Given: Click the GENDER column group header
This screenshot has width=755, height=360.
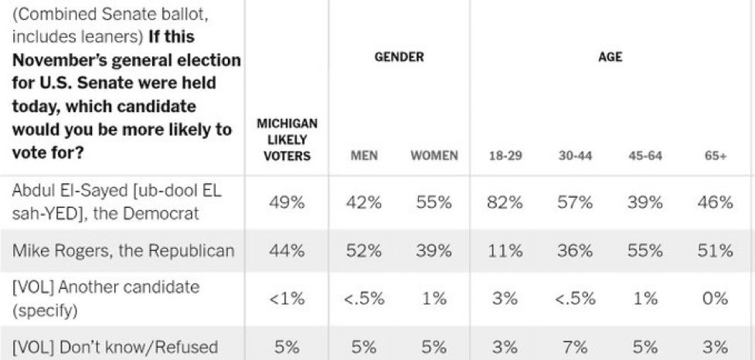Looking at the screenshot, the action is coord(400,57).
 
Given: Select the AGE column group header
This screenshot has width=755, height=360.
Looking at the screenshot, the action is coord(610,57).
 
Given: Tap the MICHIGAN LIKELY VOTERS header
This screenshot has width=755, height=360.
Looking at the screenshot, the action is coord(287,140).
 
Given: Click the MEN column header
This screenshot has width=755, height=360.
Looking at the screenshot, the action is coord(364,156).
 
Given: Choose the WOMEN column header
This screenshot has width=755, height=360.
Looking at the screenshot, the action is coord(434,156).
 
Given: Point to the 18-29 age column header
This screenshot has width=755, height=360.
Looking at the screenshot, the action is coord(505,156).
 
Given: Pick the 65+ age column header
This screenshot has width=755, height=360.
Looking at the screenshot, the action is coord(715,156).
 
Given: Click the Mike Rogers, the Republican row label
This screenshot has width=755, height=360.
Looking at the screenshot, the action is coord(124,251).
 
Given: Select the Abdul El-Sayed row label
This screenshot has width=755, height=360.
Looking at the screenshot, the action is coord(117,202).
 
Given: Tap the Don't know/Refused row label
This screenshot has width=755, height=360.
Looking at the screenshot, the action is coord(114,347).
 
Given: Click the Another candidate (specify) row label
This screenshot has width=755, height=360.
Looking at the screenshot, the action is coord(105,298).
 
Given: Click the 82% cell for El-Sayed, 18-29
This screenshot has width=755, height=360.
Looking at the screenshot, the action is coord(505,202).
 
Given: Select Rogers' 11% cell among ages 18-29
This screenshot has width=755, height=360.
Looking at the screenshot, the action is coord(505,251).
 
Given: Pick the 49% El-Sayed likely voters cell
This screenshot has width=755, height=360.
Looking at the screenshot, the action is coord(287,202).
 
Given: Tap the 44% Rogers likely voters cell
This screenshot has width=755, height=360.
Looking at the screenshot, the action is coord(287,251).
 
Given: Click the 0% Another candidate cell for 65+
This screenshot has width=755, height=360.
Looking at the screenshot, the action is coord(715,299).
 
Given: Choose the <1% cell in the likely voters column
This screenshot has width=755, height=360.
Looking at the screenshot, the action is coord(287,299).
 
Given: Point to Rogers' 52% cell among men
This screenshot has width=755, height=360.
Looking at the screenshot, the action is coord(364,251).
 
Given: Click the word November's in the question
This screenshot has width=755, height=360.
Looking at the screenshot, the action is coord(65,60).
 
